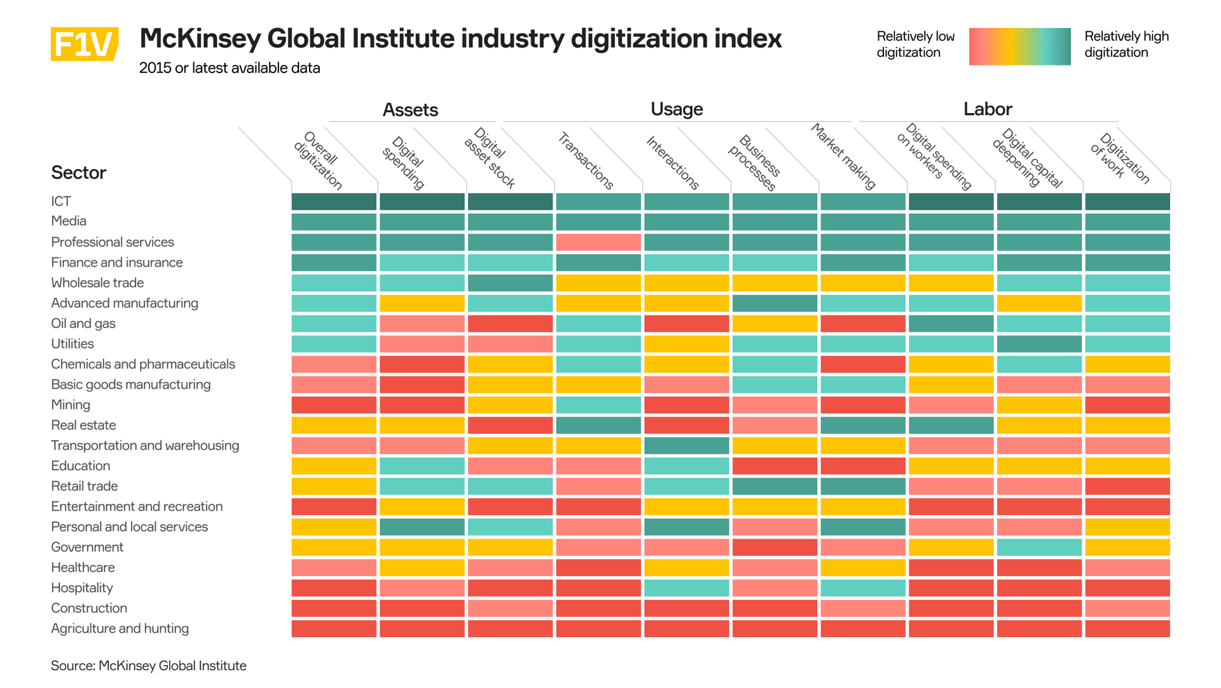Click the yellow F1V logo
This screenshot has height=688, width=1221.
click(84, 44)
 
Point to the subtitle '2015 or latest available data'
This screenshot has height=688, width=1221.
click(230, 68)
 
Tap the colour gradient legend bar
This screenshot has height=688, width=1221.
click(1019, 46)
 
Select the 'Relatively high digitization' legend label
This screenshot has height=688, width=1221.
click(1126, 45)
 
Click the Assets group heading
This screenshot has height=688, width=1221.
click(410, 110)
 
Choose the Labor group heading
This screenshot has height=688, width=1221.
click(987, 109)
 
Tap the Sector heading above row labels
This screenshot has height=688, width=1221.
click(78, 173)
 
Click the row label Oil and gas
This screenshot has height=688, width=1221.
click(83, 324)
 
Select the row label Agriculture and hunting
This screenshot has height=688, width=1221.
click(120, 629)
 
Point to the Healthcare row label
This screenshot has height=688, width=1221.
click(83, 568)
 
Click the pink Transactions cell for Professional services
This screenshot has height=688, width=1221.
click(598, 242)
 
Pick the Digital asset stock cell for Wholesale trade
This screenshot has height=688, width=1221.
click(510, 283)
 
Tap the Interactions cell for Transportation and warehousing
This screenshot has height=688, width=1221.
click(686, 446)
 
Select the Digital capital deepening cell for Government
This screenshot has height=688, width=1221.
click(1038, 547)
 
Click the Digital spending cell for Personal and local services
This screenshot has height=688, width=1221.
click(422, 527)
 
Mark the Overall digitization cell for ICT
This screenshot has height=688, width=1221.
click(334, 202)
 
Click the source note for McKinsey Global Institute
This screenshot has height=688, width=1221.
click(148, 666)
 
